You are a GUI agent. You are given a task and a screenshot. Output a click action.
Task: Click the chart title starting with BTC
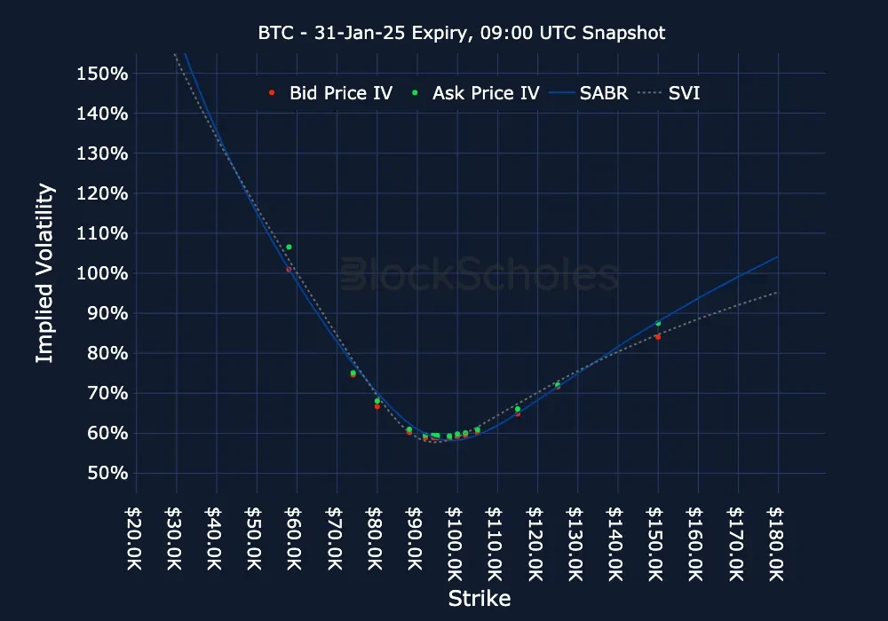462,33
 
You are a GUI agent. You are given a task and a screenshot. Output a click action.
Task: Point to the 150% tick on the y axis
104,73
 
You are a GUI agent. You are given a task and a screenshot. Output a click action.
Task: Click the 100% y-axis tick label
104,273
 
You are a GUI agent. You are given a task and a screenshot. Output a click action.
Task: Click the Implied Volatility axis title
44,273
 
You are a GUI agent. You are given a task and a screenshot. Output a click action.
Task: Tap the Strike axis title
480,598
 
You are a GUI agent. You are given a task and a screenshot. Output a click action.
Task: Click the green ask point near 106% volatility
289,247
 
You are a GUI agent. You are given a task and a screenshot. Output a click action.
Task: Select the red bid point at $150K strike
658,337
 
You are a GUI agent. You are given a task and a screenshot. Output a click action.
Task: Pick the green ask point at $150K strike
658,323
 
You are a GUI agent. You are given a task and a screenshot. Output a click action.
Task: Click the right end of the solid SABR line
778,257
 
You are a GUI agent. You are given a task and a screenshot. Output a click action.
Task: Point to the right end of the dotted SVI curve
778,293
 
